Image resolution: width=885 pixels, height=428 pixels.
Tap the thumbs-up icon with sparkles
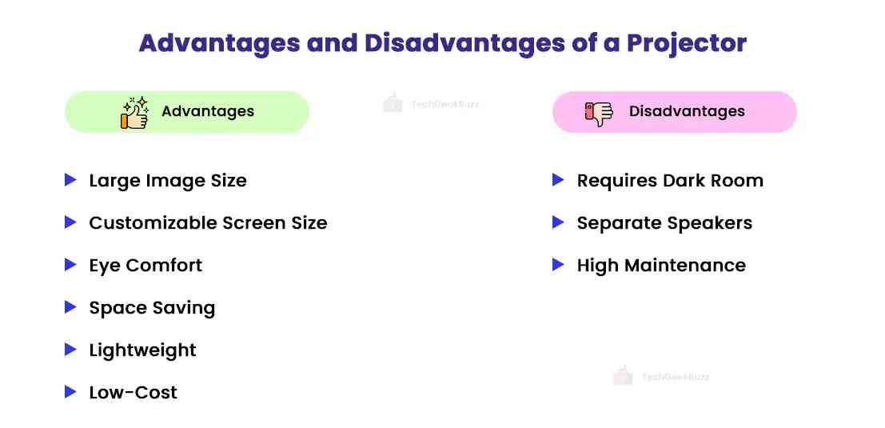tap(134, 113)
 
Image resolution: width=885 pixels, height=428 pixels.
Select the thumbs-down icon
tap(598, 113)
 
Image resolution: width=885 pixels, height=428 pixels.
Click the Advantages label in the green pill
tap(208, 112)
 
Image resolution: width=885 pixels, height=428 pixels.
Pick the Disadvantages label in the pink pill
tap(687, 112)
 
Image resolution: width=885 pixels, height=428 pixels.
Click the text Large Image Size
tap(168, 181)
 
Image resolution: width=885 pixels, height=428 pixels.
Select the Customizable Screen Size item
tap(208, 223)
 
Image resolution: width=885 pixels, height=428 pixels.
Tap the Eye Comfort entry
tap(146, 266)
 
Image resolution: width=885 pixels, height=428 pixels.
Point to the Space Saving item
tap(152, 308)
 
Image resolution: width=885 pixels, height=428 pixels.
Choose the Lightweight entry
tap(142, 350)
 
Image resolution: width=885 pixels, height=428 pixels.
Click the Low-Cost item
tap(133, 393)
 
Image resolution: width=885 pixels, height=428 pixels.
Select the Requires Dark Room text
tap(670, 181)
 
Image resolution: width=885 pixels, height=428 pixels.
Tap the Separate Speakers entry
tap(664, 223)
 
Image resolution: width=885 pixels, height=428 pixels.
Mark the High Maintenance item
tap(661, 266)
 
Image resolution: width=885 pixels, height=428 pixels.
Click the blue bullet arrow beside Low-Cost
tap(70, 392)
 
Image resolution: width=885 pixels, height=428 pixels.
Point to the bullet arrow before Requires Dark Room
tap(558, 180)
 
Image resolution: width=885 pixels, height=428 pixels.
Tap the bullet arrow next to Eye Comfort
tap(70, 265)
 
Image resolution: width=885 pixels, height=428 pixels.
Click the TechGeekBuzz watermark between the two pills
tap(432, 103)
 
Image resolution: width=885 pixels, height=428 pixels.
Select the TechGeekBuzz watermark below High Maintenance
tap(661, 376)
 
